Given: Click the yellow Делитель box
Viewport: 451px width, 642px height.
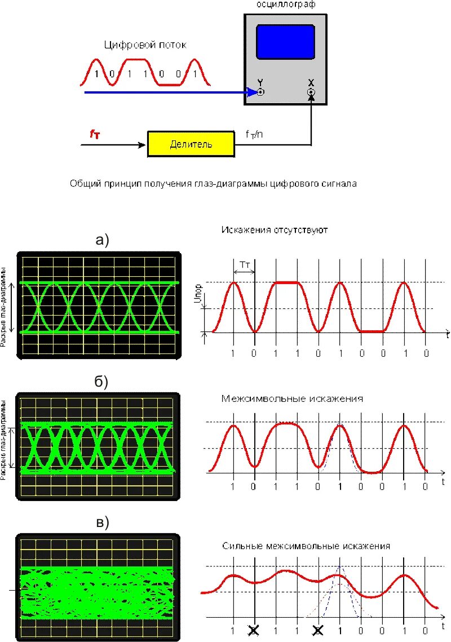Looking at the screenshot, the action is (x=191, y=144).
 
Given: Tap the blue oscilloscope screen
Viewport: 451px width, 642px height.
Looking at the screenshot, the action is (x=285, y=42).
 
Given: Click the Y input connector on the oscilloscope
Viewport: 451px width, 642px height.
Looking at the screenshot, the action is (x=260, y=92).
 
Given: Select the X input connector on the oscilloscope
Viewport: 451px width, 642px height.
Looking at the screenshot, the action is (x=311, y=92).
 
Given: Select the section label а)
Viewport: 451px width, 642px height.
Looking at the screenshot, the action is (x=101, y=240).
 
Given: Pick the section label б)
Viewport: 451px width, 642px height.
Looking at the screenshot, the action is (x=100, y=382).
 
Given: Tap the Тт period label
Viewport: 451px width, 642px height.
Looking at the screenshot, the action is (x=244, y=264).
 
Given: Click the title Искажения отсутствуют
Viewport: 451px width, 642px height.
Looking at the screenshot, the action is (x=275, y=230).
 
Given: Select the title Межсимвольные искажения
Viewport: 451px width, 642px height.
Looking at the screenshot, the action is (x=292, y=399).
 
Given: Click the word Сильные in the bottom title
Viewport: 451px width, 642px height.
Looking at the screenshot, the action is (x=240, y=546).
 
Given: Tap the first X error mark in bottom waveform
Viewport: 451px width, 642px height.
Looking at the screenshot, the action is (x=255, y=630).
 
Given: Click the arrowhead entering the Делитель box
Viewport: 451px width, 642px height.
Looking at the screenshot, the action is (x=143, y=145).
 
